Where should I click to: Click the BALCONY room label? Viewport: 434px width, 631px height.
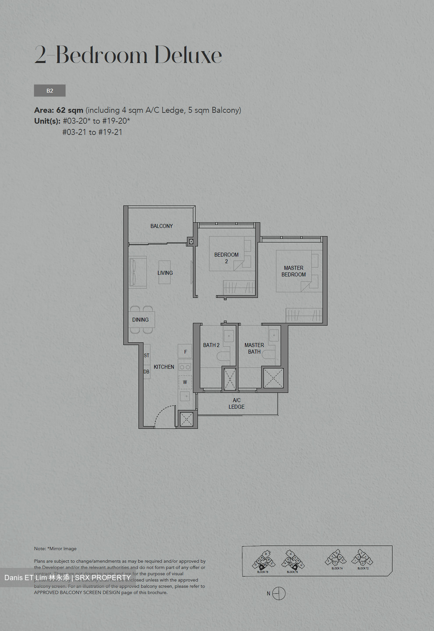pyautogui.click(x=161, y=226)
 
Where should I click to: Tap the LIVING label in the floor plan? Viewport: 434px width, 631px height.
pyautogui.click(x=165, y=273)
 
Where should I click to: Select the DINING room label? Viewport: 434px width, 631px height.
pyautogui.click(x=140, y=320)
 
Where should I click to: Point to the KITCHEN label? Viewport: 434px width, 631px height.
pyautogui.click(x=164, y=367)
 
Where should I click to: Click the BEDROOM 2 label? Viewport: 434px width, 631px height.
pyautogui.click(x=226, y=258)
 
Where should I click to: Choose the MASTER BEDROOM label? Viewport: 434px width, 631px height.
pyautogui.click(x=293, y=271)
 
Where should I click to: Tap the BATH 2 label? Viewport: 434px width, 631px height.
pyautogui.click(x=211, y=345)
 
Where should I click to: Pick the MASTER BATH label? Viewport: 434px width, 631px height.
pyautogui.click(x=254, y=348)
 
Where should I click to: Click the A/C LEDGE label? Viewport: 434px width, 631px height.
pyautogui.click(x=236, y=404)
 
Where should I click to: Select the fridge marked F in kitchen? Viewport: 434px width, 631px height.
pyautogui.click(x=185, y=351)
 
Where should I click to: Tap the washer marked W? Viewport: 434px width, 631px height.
pyautogui.click(x=185, y=382)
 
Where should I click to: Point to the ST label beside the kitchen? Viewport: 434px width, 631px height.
pyautogui.click(x=146, y=355)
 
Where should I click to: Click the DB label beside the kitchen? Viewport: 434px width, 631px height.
pyautogui.click(x=146, y=372)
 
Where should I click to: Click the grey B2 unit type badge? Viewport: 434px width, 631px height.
pyautogui.click(x=50, y=91)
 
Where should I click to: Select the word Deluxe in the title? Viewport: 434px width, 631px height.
pyautogui.click(x=188, y=55)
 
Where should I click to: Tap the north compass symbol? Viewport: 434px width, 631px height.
pyautogui.click(x=279, y=593)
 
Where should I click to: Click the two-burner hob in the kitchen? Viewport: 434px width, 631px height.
pyautogui.click(x=185, y=367)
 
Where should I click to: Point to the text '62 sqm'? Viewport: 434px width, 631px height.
pyautogui.click(x=70, y=110)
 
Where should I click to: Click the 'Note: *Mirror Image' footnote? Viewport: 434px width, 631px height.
pyautogui.click(x=55, y=549)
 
